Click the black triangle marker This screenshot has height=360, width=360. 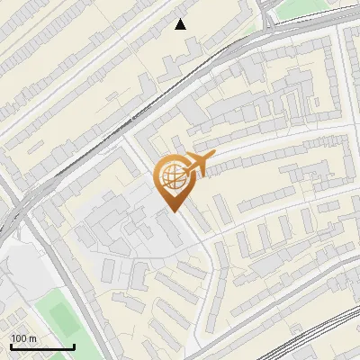coord(181,23)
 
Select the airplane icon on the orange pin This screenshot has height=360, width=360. coord(197,165)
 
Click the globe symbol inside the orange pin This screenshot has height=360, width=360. coord(170,178)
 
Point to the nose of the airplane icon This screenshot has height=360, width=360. coord(212,157)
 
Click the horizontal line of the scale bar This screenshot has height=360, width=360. coord(41,346)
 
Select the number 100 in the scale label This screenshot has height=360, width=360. coord(18,338)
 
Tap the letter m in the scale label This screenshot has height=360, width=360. coord(31,338)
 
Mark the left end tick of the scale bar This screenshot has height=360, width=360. coord(10,345)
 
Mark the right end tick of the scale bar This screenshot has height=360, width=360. coord(74,345)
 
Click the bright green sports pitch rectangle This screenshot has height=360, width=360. coord(60,318)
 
